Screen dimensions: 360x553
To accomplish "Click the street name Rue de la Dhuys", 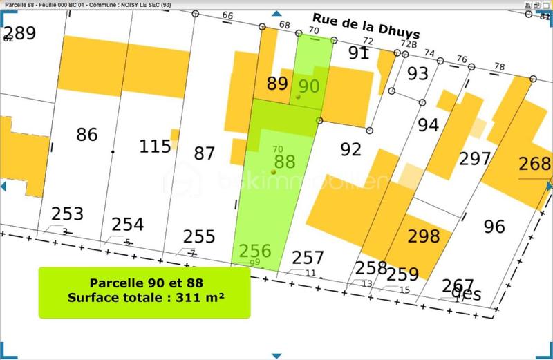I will [x=366, y=26].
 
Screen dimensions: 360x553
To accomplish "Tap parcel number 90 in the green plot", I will [x=309, y=86].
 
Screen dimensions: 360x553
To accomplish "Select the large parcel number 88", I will [x=285, y=161].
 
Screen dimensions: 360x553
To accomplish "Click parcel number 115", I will [x=155, y=146].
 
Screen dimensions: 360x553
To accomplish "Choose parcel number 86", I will [x=87, y=134].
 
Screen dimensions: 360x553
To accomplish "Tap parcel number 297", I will [x=475, y=159].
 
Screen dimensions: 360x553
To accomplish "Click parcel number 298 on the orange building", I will [x=424, y=236].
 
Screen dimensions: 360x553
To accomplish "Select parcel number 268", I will [x=535, y=164].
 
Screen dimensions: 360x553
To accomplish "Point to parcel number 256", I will [x=255, y=251].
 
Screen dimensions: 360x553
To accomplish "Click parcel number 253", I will [x=67, y=214].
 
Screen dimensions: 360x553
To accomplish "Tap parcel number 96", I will [x=495, y=226].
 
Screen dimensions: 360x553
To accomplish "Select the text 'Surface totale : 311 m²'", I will [x=144, y=298].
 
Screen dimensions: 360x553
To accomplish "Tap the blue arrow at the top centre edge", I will [x=276, y=13].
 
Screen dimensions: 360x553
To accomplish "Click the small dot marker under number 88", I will [x=274, y=171].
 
